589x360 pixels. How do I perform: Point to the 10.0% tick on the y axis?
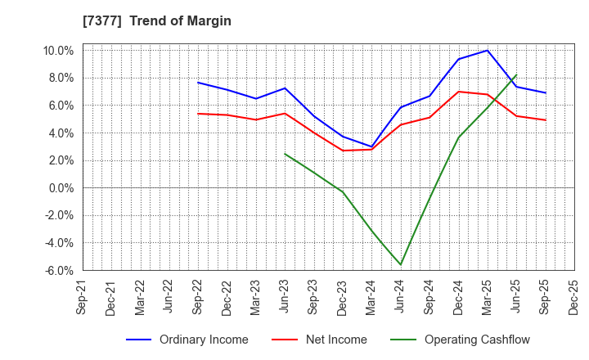(x=58, y=50)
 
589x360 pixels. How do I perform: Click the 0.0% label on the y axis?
(x=61, y=188)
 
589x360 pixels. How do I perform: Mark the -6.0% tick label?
(x=59, y=271)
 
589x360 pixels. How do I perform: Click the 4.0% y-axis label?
(x=61, y=133)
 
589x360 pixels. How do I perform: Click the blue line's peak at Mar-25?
(x=488, y=51)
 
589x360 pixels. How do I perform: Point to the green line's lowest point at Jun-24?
(x=401, y=264)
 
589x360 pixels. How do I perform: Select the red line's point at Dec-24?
(x=458, y=92)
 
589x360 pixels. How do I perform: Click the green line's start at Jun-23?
(x=285, y=154)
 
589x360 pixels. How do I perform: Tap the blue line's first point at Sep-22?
(x=198, y=83)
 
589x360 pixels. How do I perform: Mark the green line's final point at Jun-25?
(x=516, y=75)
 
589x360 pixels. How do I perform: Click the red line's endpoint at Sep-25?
(x=545, y=120)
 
